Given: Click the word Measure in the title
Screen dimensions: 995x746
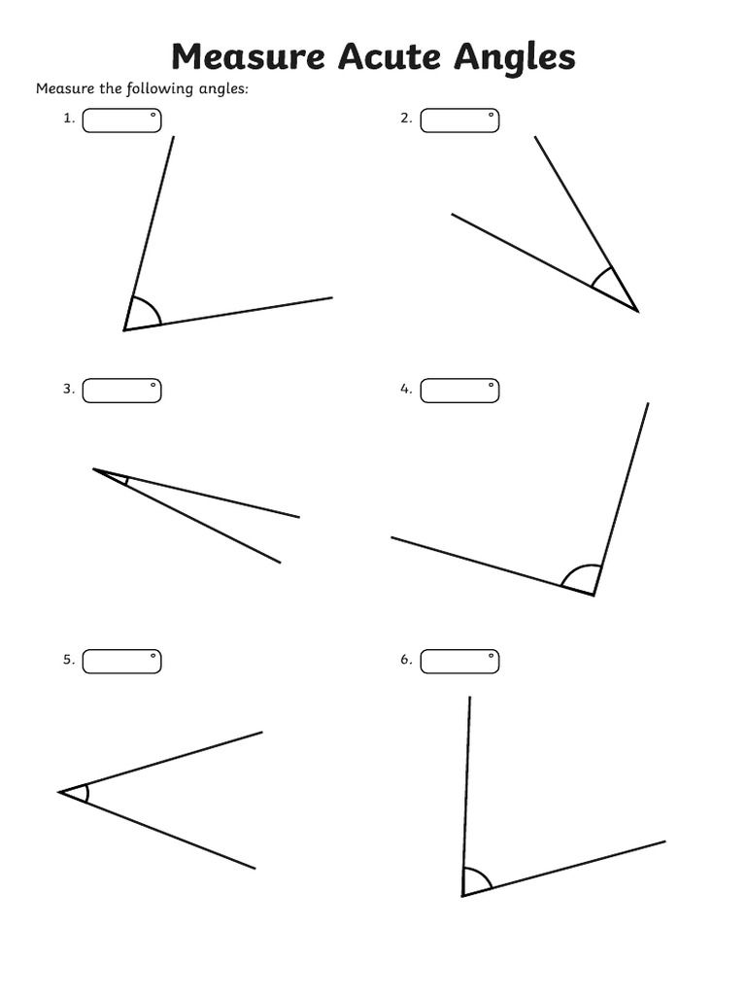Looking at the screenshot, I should click(x=250, y=57).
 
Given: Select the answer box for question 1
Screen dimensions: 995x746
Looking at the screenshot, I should click(x=121, y=120).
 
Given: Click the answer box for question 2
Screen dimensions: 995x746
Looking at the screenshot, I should click(x=459, y=120).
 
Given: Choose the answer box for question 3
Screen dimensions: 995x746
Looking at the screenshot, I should click(x=121, y=390).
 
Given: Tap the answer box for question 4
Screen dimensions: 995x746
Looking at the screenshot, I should click(x=459, y=390).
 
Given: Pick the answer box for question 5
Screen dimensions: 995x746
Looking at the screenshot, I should click(x=121, y=661).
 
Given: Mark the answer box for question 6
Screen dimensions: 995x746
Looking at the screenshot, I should click(x=459, y=661).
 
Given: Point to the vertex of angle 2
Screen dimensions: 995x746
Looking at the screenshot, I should click(x=637, y=311).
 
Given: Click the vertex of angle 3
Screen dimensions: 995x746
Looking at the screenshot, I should click(x=94, y=469).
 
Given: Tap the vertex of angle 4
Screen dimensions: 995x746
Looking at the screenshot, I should click(x=593, y=595).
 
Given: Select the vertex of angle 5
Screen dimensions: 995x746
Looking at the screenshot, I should click(x=59, y=792).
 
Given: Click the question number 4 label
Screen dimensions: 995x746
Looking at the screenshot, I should click(x=406, y=389).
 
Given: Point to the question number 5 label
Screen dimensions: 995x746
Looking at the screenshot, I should click(x=69, y=660).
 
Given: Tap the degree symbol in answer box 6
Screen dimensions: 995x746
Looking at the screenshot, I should click(x=492, y=656).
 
